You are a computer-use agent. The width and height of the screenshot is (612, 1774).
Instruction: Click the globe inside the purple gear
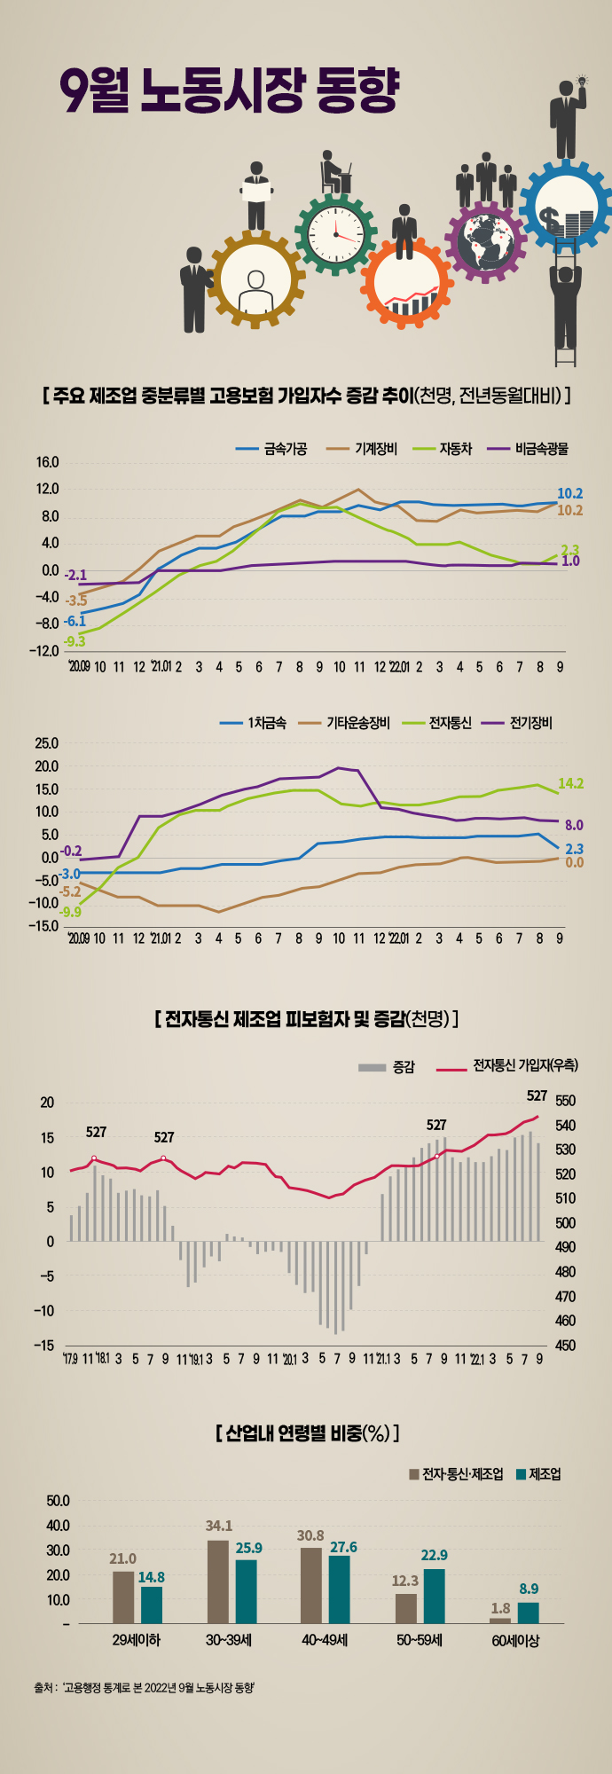point(485,240)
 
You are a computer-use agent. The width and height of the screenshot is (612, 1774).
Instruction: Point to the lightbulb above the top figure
point(583,81)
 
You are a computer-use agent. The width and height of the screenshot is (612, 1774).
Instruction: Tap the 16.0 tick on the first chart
point(48,462)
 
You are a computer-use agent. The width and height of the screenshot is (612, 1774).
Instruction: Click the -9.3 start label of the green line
point(75,641)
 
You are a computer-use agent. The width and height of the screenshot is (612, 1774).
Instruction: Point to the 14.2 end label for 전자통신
point(570,783)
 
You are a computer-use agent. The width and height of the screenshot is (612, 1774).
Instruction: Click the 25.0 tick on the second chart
point(47,743)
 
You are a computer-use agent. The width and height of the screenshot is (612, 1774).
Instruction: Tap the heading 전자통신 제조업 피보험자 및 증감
point(306,1018)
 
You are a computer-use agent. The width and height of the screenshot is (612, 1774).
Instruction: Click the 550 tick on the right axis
point(565,1101)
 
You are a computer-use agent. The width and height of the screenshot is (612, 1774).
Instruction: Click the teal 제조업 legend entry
point(545,1475)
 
